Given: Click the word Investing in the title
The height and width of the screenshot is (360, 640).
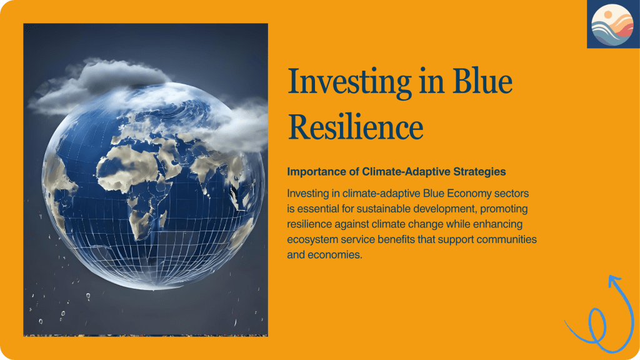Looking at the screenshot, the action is point(349,82).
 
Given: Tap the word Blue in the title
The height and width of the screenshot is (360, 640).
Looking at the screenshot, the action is point(482,81).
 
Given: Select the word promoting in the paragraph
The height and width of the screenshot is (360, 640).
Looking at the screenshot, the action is point(504,209).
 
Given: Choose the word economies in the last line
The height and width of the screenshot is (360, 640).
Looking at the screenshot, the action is point(335,255).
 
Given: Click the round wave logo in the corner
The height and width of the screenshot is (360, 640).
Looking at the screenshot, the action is point(612,25).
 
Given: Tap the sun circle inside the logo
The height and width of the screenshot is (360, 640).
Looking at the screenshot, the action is point(608,15).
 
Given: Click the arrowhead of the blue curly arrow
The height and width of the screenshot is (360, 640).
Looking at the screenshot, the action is point(614,281).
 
